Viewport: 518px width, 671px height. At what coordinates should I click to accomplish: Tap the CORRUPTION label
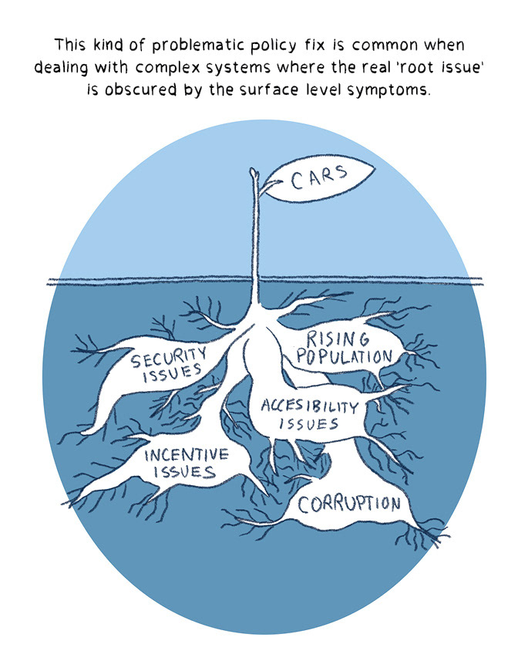tap(350, 504)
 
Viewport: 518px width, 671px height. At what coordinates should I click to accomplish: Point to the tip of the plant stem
tap(251, 171)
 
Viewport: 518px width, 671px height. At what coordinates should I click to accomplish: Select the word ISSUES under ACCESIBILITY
tap(309, 424)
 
